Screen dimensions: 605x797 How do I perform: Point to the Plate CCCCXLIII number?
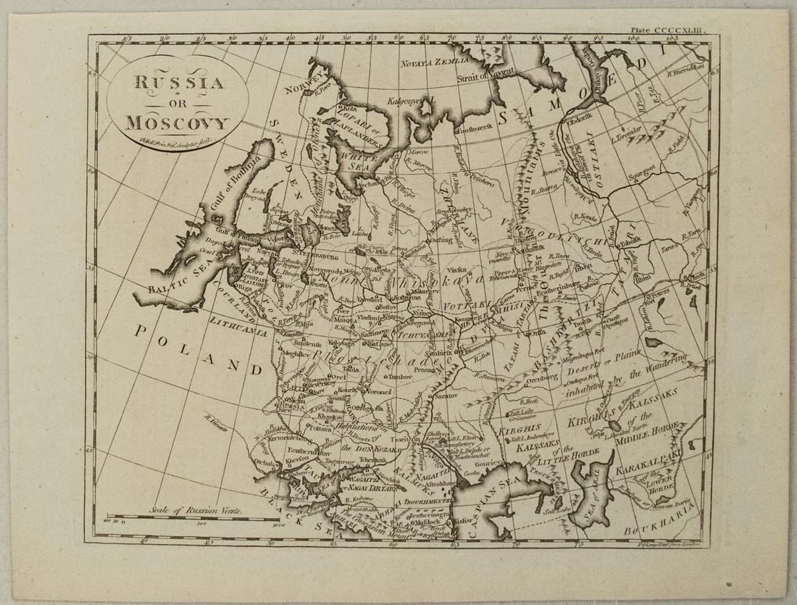point(673,30)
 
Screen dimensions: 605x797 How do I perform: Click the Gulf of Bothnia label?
point(209,196)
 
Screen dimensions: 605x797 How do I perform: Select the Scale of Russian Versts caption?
point(196,510)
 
